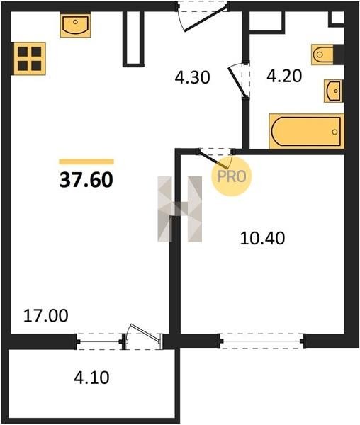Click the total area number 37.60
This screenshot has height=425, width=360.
point(86,180)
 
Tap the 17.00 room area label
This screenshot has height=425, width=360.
point(46,316)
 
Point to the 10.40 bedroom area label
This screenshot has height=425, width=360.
point(262,239)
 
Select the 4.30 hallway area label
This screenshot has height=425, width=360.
point(192,77)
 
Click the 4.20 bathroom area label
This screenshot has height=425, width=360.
point(284,76)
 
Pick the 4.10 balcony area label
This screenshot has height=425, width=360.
point(91,378)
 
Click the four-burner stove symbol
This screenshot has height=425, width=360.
point(30,59)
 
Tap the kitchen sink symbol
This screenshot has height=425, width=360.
point(75,25)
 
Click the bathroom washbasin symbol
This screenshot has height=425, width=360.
point(334,91)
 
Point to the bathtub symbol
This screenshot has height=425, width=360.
point(306,132)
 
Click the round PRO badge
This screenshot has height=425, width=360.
point(232,176)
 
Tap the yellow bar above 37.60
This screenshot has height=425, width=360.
point(86,161)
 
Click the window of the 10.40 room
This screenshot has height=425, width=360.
point(262,341)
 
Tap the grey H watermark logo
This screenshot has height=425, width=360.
point(180,209)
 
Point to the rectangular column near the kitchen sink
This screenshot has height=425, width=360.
point(133,38)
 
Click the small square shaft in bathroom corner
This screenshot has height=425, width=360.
point(337,18)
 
